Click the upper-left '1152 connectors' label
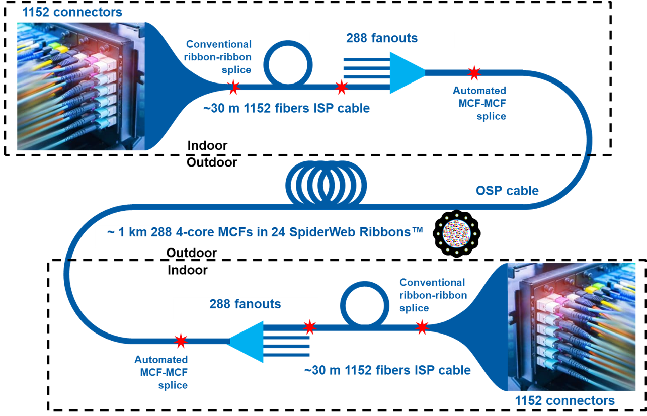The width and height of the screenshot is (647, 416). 72,12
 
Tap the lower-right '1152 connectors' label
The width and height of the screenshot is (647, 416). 564,401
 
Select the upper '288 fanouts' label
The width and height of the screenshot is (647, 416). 381,38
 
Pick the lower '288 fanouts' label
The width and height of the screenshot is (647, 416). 245,304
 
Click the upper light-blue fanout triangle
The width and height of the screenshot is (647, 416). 407,72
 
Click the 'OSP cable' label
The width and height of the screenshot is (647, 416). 507,191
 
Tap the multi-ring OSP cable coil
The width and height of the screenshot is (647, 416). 327,182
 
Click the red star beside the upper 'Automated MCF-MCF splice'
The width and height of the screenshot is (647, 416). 473,73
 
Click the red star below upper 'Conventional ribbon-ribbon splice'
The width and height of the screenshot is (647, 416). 233,87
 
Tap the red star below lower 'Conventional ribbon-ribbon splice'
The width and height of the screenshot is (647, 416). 422,327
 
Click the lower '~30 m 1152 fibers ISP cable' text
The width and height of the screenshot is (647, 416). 387,371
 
